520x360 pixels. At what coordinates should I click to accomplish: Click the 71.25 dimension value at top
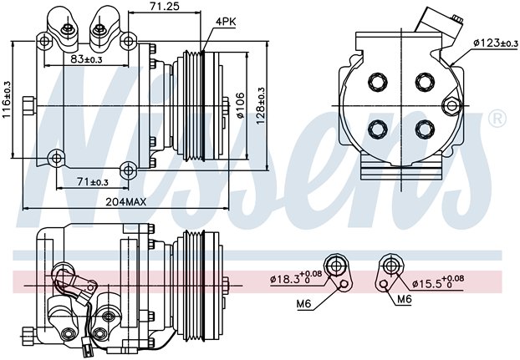tap(165, 6)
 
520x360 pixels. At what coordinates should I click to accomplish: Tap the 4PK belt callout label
tap(226, 22)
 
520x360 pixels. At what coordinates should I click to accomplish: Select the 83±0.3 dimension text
tap(86, 59)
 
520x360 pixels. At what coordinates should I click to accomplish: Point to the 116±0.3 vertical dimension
tap(7, 99)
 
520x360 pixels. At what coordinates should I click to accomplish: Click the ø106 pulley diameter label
tap(240, 105)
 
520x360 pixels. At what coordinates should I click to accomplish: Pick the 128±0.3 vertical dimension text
tap(261, 106)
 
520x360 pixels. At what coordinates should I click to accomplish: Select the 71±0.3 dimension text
tap(93, 181)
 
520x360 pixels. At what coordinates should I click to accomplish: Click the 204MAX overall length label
tap(125, 201)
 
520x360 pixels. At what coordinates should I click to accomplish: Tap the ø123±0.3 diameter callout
tap(496, 43)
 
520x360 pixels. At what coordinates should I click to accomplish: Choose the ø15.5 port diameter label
tap(438, 282)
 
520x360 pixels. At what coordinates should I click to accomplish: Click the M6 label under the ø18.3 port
tap(304, 303)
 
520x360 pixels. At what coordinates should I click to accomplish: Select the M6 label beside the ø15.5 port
tap(405, 299)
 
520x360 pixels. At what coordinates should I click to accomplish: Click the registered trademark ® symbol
tap(497, 119)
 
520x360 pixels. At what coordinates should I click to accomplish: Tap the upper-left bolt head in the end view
tap(378, 82)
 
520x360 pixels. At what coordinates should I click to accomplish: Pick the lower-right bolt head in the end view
tap(425, 129)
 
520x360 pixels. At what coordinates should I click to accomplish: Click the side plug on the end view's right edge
tap(451, 105)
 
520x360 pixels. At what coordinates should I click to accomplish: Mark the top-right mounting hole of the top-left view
tap(128, 42)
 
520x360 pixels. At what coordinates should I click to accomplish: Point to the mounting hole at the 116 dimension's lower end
tap(56, 159)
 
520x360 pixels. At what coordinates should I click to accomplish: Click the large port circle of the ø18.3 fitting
tap(336, 266)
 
